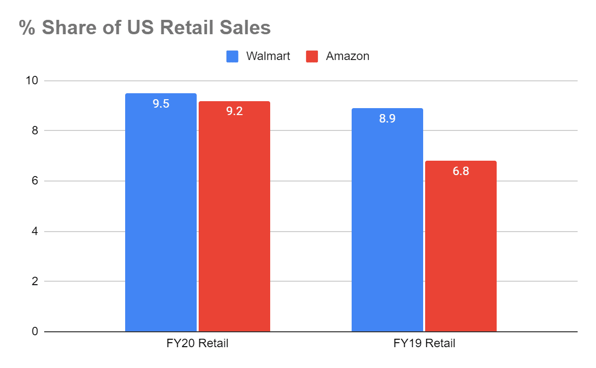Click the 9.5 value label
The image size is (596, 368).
click(161, 104)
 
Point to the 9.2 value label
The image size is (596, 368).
click(234, 112)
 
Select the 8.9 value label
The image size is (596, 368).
click(387, 119)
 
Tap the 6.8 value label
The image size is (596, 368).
click(460, 172)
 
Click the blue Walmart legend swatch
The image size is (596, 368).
click(232, 56)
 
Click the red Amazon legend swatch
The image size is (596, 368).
click(312, 56)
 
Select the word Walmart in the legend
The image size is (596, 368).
click(268, 56)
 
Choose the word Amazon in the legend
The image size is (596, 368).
click(348, 56)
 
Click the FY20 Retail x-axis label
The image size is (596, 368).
click(197, 343)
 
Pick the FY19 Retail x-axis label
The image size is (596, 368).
click(424, 343)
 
